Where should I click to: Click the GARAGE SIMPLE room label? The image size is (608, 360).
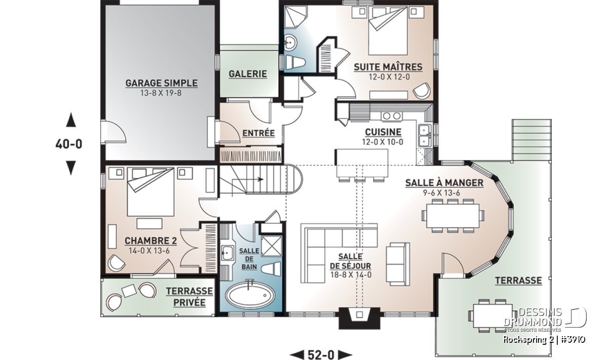162,83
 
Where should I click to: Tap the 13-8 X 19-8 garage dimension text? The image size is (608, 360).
161,93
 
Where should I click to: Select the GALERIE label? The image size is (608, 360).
248,74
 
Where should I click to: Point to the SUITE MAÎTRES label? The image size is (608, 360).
388,67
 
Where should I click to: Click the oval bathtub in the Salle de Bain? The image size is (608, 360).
250,295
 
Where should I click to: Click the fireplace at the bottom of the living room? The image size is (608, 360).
359,317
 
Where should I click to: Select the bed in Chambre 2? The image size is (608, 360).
150,192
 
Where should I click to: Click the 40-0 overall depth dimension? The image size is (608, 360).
69,144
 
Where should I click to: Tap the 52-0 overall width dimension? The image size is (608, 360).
321,354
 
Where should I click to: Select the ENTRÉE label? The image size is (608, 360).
258,133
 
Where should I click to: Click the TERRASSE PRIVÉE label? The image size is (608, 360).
189,297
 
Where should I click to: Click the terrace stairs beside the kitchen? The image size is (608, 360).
531,140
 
